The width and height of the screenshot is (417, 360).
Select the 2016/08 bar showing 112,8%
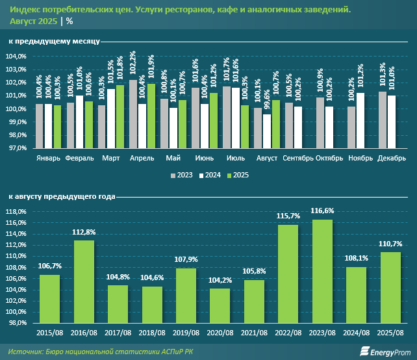84,281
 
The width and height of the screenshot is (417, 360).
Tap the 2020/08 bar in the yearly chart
220,305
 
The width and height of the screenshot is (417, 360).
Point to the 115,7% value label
288,216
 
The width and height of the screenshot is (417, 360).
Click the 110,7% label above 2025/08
390,244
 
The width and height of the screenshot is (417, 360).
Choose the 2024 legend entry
210,175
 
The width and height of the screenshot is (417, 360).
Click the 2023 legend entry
181,175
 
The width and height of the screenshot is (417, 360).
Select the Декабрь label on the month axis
392,158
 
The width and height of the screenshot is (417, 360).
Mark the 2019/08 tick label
186,333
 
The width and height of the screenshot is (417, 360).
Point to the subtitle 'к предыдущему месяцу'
53,42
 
